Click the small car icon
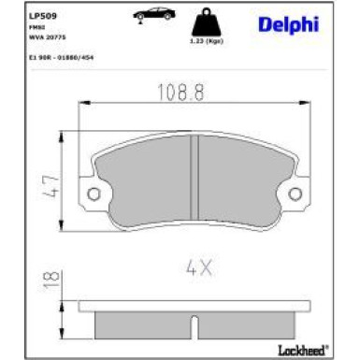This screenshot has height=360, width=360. [x=151, y=16]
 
